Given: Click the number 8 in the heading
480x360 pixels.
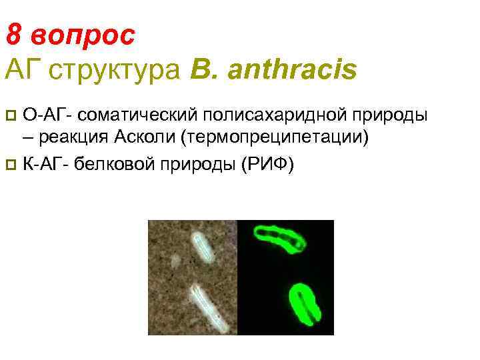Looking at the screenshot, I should (13, 33).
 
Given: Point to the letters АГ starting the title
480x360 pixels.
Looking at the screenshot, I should (21, 69).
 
